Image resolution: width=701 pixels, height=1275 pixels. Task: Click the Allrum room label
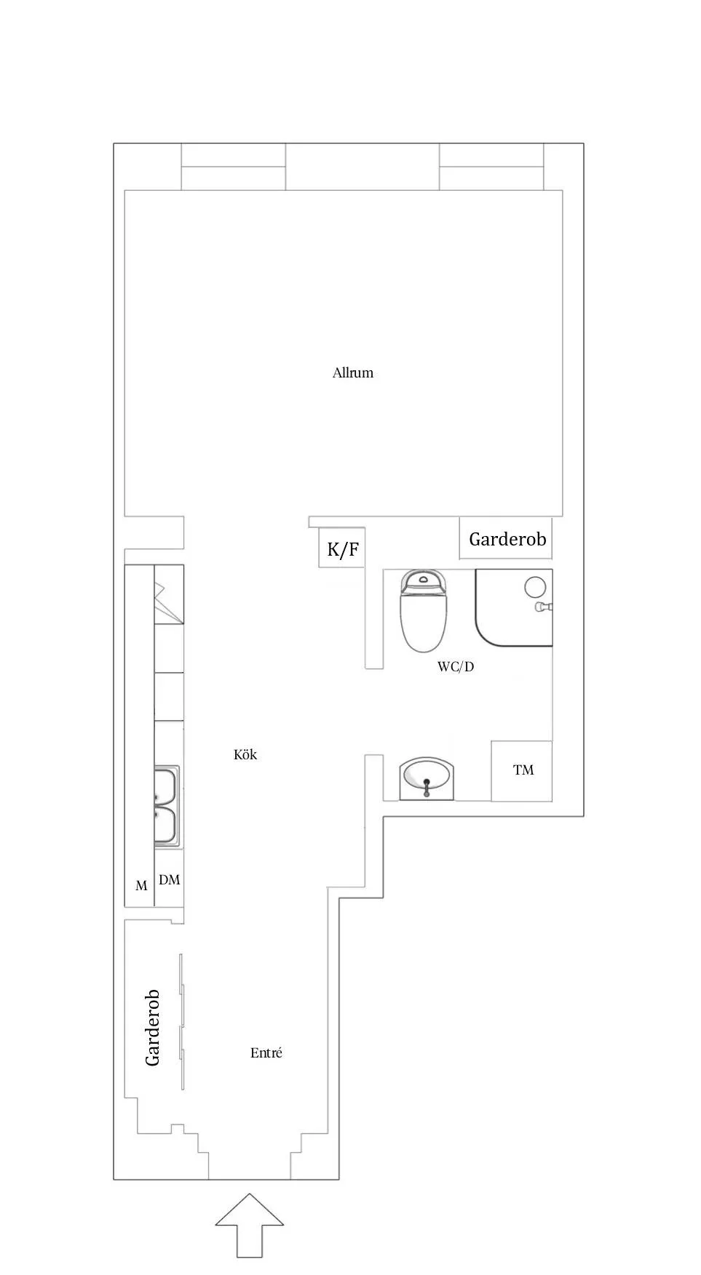click(x=353, y=373)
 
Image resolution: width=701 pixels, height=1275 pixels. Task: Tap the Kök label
click(x=245, y=754)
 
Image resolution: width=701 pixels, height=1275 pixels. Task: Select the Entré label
click(x=266, y=1052)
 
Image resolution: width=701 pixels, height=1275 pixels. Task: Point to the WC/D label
click(x=456, y=666)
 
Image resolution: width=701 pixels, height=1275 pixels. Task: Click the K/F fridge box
click(x=342, y=548)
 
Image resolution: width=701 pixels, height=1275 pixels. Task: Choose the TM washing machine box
click(x=522, y=771)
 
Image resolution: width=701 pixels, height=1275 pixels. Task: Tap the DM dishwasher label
click(x=170, y=880)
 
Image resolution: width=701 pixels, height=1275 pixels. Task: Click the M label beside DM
click(x=141, y=886)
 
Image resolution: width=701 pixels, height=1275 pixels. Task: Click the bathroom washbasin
click(x=427, y=778)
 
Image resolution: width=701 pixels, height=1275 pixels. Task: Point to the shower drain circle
click(x=536, y=586)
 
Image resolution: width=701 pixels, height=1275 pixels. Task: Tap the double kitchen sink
click(x=167, y=805)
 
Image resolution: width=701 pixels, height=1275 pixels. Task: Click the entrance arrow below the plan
click(x=250, y=1225)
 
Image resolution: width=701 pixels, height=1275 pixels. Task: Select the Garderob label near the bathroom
click(x=507, y=539)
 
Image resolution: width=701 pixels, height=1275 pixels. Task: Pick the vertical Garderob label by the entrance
click(x=152, y=1028)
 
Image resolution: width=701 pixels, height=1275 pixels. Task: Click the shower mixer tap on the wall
click(x=544, y=607)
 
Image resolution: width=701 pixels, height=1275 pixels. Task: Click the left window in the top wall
click(x=233, y=167)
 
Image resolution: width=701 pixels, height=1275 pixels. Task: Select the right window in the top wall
click(x=491, y=167)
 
